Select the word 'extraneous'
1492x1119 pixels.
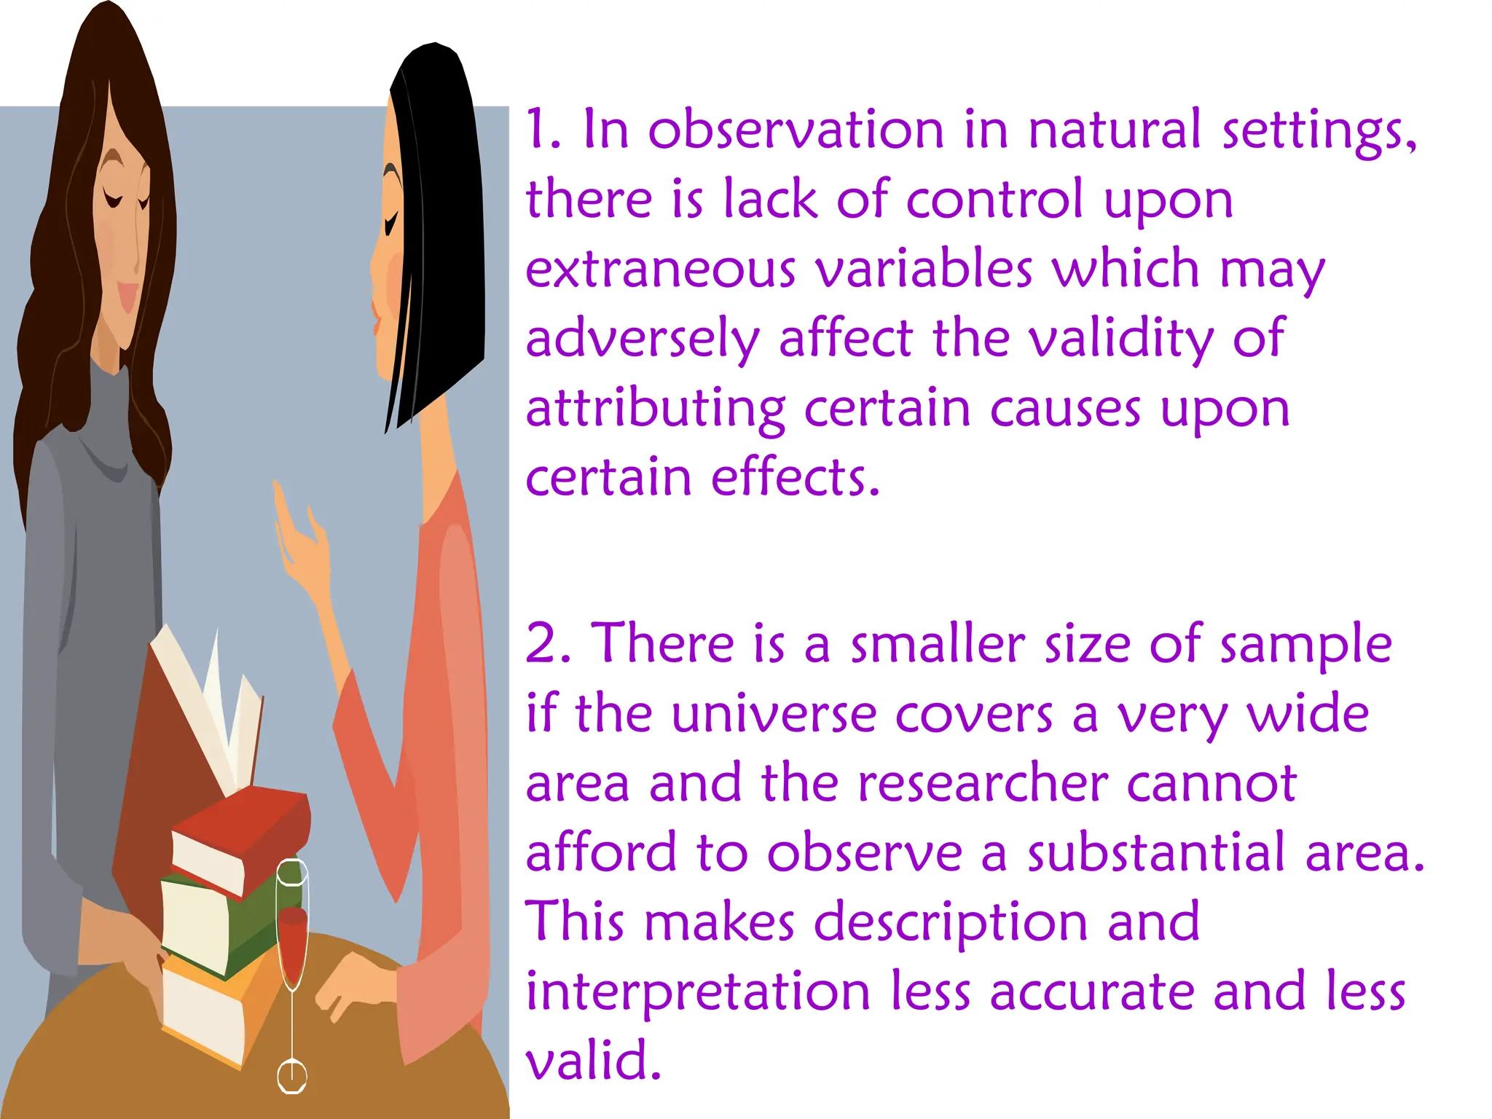coord(660,269)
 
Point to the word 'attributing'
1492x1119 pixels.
coord(656,409)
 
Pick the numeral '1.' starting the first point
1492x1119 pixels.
coord(543,130)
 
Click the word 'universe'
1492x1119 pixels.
coord(773,714)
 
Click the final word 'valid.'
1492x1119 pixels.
coord(593,1061)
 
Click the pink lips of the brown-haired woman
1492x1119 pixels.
coord(128,295)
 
